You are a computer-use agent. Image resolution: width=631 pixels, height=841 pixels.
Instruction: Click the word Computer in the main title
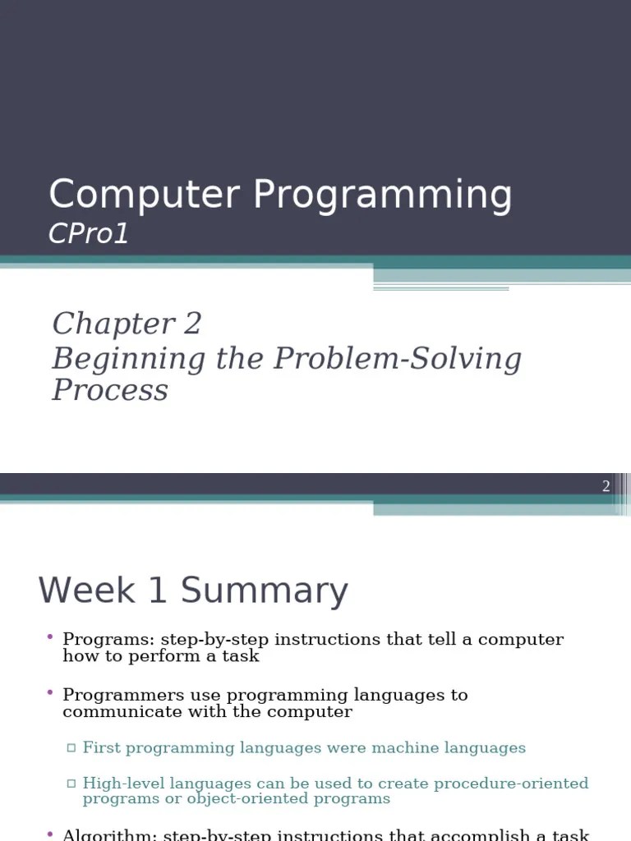tap(145, 195)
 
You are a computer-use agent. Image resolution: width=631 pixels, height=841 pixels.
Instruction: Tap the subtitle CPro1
tap(89, 234)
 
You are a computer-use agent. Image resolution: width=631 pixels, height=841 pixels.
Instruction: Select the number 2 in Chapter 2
tap(192, 324)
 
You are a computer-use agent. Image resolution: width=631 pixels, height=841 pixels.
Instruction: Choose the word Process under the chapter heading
tap(110, 390)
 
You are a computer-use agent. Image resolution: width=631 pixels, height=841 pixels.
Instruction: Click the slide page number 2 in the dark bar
tap(606, 486)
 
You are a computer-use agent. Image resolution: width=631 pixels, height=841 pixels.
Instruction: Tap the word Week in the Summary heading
tap(87, 591)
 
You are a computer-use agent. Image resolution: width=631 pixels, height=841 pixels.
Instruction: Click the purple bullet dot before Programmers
tap(49, 694)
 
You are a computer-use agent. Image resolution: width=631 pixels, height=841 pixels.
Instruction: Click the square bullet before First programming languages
tap(71, 748)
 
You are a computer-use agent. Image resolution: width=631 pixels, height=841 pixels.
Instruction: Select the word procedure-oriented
tap(512, 784)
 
